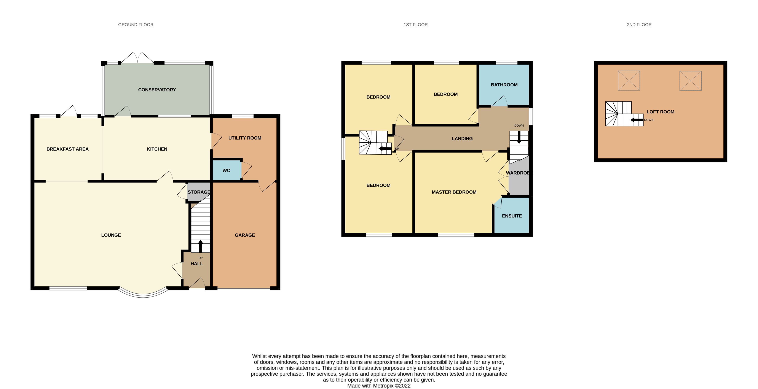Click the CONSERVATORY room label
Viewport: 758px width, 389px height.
[x=157, y=90]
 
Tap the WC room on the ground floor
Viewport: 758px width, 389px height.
[x=226, y=171]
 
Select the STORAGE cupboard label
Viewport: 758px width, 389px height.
[x=199, y=192]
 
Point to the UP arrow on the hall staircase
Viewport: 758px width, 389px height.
[x=201, y=246]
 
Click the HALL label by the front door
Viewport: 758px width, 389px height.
[x=196, y=264]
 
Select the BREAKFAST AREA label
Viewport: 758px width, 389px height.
[x=67, y=149]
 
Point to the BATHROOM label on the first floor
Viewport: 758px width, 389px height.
[x=504, y=85]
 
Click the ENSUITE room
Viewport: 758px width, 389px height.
[x=512, y=216]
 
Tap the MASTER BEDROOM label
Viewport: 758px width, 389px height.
[x=454, y=192]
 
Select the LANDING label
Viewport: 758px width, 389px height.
[x=462, y=138]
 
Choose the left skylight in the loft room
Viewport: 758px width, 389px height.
[x=629, y=81]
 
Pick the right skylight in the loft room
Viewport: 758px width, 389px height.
[x=690, y=81]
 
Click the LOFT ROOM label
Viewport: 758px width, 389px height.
[x=660, y=112]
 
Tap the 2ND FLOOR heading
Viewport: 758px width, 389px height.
[x=639, y=25]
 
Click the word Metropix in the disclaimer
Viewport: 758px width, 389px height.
[x=383, y=386]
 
